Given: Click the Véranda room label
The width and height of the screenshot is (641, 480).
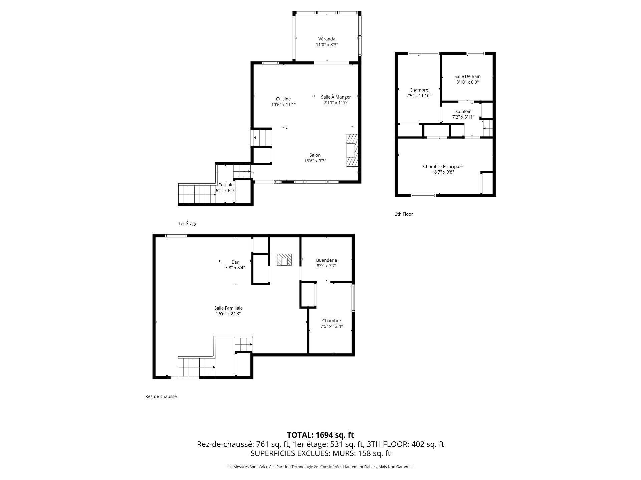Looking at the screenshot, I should (327, 39).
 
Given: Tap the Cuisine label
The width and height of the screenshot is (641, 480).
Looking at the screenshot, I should (283, 99).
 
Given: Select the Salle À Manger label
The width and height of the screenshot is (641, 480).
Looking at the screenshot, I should (336, 97).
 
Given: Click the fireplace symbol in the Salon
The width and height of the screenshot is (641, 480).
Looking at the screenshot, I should (352, 150).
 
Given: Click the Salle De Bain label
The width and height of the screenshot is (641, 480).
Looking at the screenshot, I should (467, 76).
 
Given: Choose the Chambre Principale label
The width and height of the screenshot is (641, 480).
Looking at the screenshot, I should (443, 166).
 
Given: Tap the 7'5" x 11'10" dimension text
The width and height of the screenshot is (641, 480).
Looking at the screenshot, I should (419, 96).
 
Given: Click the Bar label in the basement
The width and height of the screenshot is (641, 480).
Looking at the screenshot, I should (235, 262).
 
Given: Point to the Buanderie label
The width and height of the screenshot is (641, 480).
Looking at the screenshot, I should (327, 260).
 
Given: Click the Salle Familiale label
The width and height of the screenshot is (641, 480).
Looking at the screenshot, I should (228, 308).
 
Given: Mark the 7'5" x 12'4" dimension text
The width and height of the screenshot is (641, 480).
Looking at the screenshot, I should (331, 326).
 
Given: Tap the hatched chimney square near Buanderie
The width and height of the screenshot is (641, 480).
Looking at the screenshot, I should (284, 260).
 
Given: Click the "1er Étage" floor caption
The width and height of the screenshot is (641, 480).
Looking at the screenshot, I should (188, 224).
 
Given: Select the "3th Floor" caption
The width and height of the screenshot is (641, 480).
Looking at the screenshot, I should (404, 214).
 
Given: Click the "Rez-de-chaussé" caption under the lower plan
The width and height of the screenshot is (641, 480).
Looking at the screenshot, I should (161, 396).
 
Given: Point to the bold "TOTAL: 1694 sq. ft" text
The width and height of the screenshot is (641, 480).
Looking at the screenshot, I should (320, 435).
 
